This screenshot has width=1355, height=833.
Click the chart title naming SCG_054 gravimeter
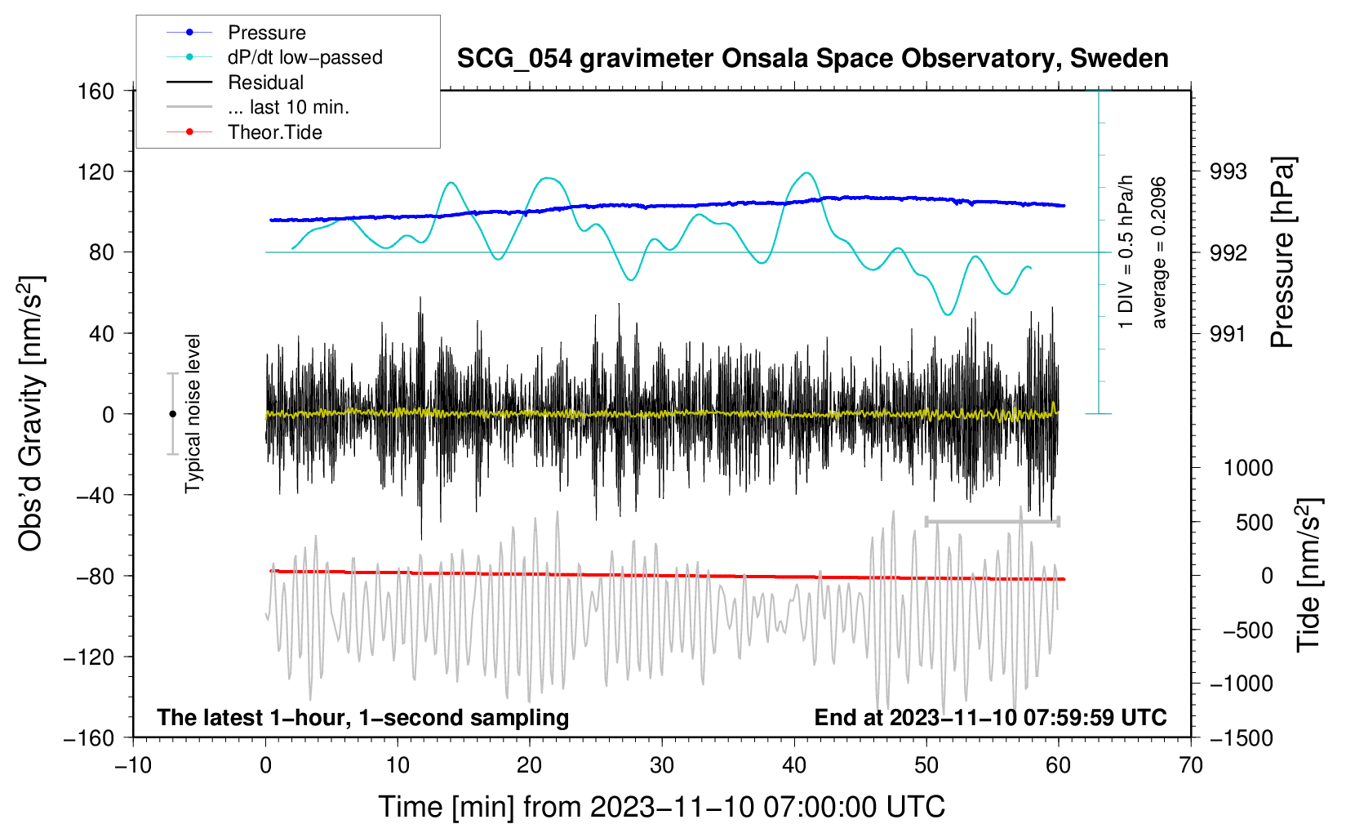[812, 59]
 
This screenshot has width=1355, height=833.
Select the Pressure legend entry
[266, 33]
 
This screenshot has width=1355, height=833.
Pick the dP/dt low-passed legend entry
[304, 57]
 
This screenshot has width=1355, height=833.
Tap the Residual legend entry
[265, 82]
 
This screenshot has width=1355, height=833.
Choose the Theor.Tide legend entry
[274, 132]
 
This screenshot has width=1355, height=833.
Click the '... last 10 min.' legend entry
[288, 107]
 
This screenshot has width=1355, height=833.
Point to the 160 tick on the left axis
[96, 91]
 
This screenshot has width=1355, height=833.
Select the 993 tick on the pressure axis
[1228, 171]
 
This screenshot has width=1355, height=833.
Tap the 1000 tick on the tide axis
[1247, 468]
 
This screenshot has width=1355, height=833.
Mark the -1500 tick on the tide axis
[1241, 737]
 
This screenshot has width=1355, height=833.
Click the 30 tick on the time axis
[662, 765]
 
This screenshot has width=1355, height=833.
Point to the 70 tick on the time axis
[1191, 765]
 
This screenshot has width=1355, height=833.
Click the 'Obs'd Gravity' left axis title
[30, 414]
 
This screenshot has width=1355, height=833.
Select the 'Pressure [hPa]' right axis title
[1282, 253]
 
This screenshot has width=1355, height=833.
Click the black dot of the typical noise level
[172, 414]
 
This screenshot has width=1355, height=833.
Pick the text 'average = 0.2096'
[1158, 253]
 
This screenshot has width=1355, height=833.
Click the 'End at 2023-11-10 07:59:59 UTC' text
[990, 717]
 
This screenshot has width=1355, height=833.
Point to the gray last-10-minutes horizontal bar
[992, 521]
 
